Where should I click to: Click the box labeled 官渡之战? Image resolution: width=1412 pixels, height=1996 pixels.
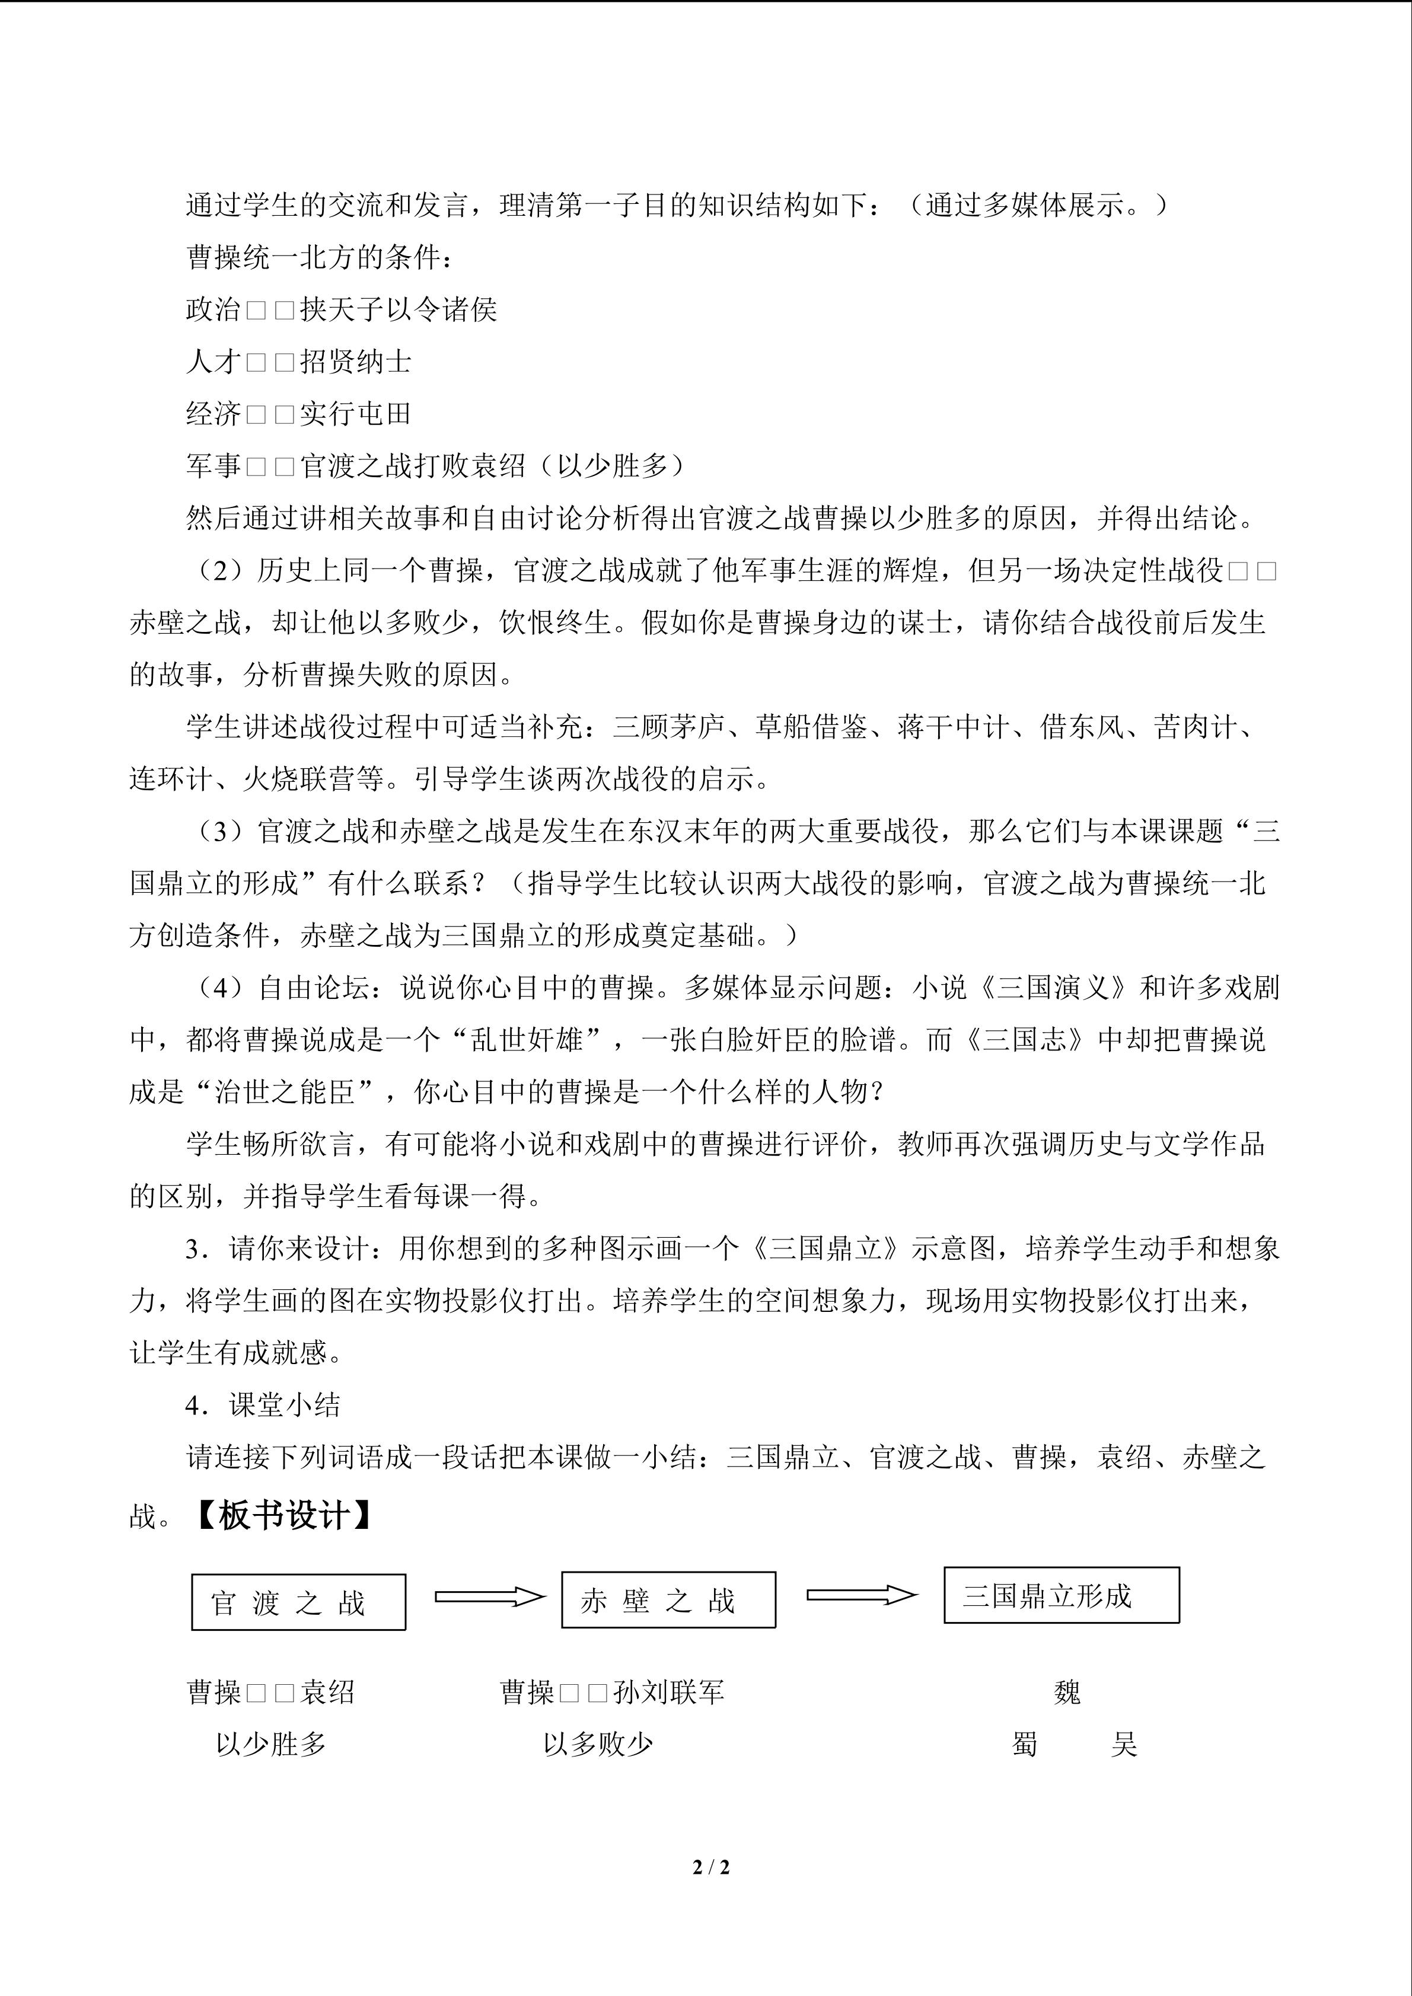click(298, 1601)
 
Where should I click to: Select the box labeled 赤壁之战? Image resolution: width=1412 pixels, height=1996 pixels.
click(668, 1599)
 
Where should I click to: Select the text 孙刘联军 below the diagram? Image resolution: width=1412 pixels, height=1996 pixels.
click(668, 1692)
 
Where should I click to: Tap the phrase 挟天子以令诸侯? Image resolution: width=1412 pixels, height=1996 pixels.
click(398, 309)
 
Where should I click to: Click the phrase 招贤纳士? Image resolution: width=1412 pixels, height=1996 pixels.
click(356, 362)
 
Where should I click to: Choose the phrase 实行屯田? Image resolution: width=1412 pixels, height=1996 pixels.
click(356, 414)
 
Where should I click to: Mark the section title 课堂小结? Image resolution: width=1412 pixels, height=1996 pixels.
click(284, 1405)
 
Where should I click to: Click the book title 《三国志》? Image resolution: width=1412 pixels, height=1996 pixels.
click(1027, 1040)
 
